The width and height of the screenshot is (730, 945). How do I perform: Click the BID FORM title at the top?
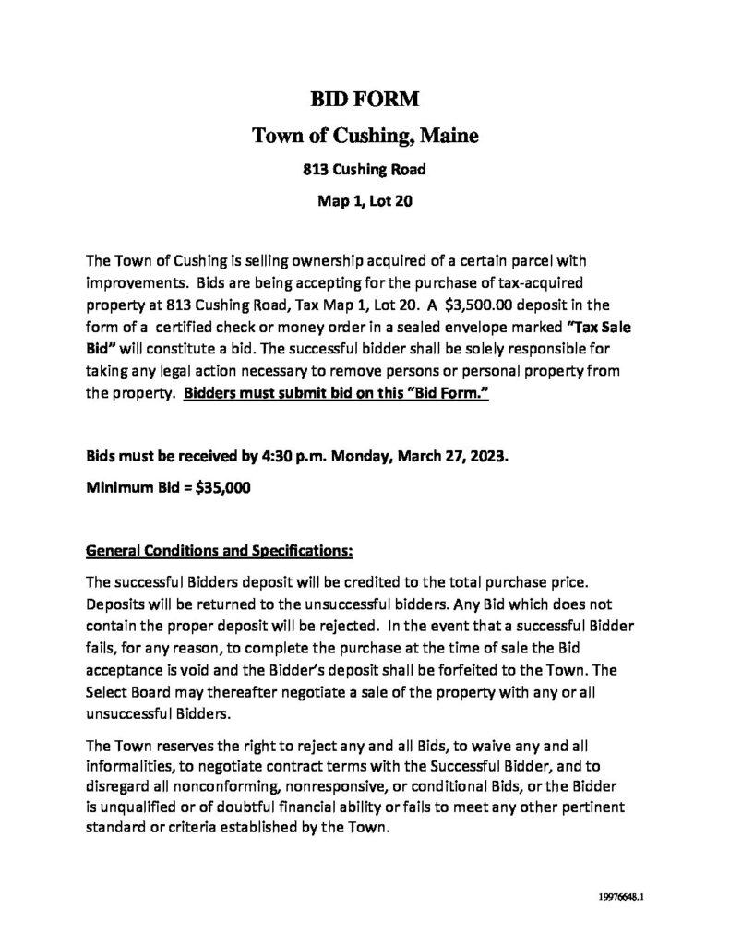tap(365, 101)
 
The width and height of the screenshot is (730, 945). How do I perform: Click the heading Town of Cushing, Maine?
tap(365, 137)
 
